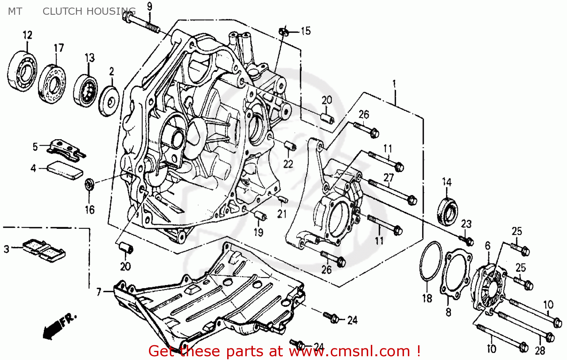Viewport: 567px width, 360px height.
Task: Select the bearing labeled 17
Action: coord(53,84)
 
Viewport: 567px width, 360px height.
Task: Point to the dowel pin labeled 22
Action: coord(290,146)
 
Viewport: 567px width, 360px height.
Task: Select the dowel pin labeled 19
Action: coord(260,216)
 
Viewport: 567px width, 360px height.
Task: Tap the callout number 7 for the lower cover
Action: coord(99,292)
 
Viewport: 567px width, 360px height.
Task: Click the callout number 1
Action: coord(394,83)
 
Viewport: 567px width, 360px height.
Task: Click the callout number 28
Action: coord(539,350)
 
